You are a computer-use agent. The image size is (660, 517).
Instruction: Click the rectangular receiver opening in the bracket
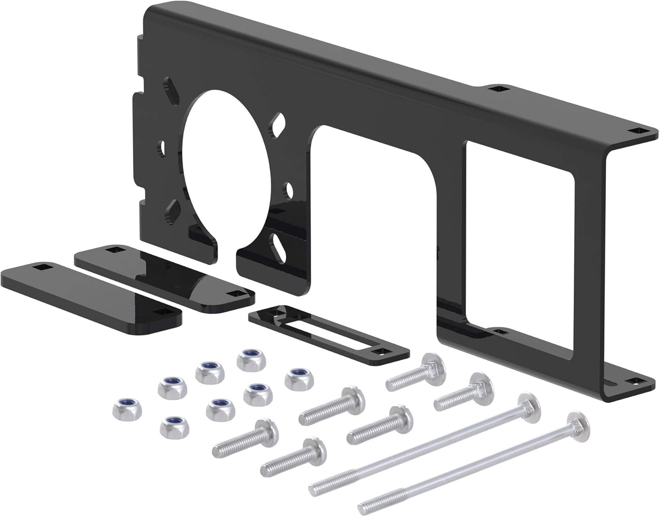tap(519, 247)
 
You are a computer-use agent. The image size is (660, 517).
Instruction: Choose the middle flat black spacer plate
tap(165, 273)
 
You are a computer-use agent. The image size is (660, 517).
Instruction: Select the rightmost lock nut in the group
tap(296, 379)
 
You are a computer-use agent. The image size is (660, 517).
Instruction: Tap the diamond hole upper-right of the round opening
tap(279, 125)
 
